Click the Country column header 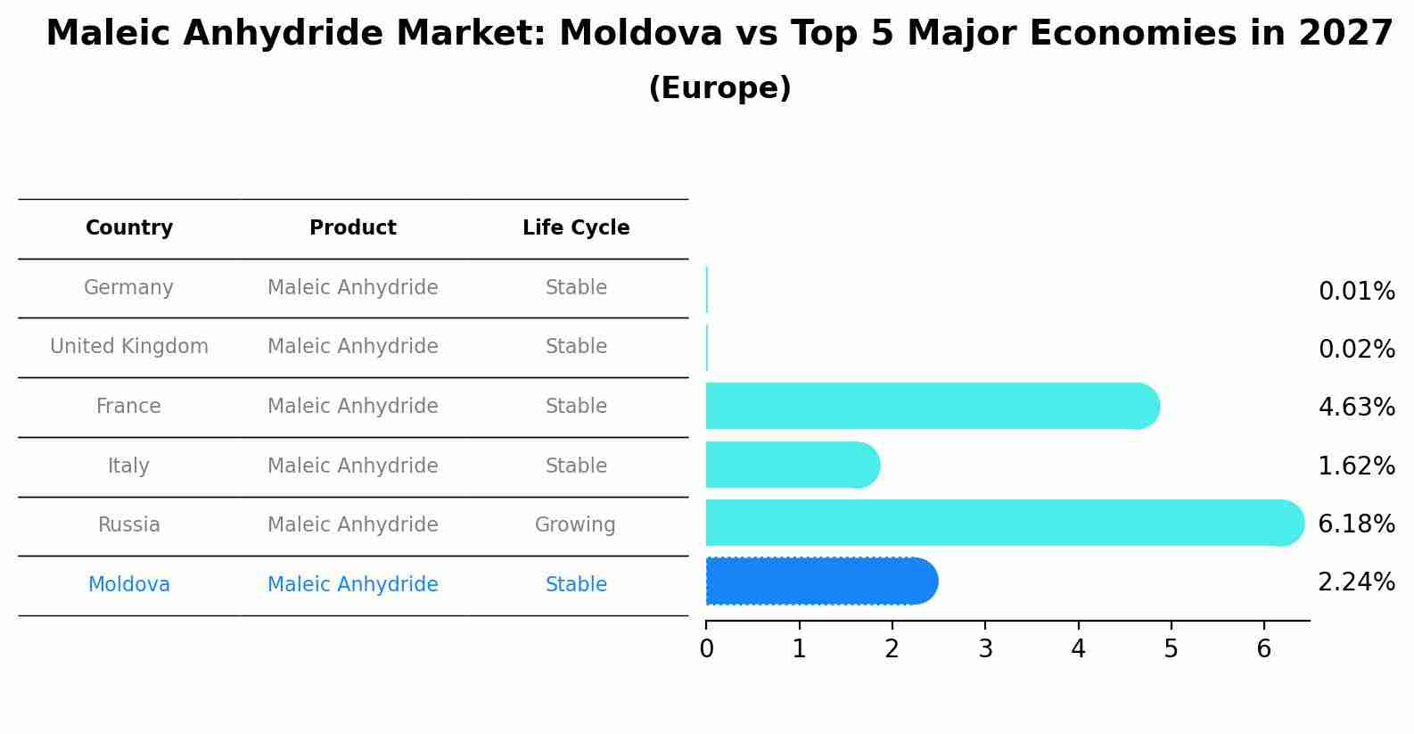click(x=129, y=228)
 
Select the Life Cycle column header click(x=576, y=228)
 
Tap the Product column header click(x=352, y=228)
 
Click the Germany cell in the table click(x=129, y=288)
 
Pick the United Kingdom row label click(x=129, y=347)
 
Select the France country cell click(x=129, y=407)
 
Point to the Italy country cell click(x=129, y=466)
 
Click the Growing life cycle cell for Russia click(x=575, y=525)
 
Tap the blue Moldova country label click(x=129, y=585)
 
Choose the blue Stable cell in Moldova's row click(x=576, y=585)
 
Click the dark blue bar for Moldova click(x=820, y=581)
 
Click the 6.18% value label click(x=1356, y=524)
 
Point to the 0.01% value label click(x=1356, y=292)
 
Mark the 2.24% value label click(x=1356, y=582)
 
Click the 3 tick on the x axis click(x=985, y=649)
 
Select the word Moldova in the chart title click(x=640, y=35)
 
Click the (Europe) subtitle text click(x=719, y=88)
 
